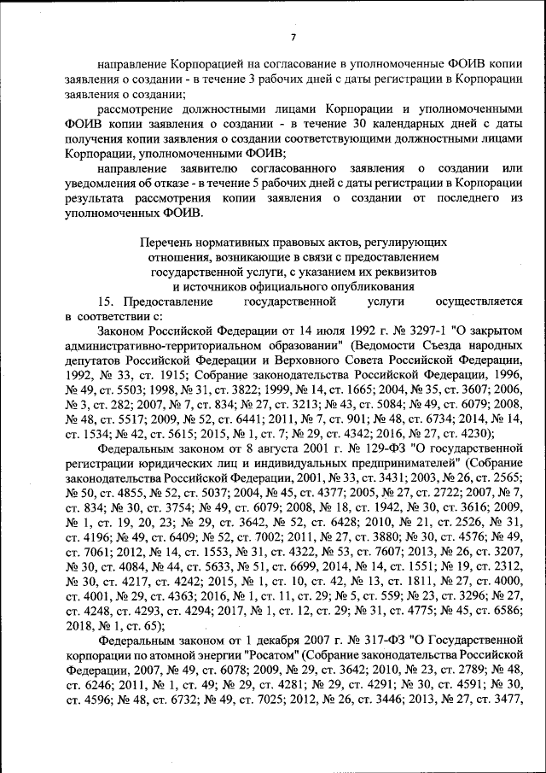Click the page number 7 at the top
click(x=292, y=35)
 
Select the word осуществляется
click(x=478, y=302)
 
